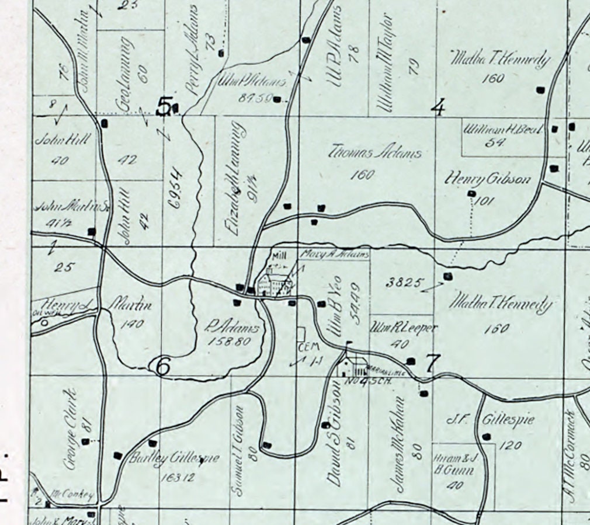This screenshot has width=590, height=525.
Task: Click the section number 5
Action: tap(165, 107)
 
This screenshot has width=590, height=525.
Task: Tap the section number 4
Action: tap(438, 107)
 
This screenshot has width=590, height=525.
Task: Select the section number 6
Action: tap(162, 366)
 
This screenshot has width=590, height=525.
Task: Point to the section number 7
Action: tap(431, 363)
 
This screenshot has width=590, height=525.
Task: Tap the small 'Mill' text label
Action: tap(280, 255)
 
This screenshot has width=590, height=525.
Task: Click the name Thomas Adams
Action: tap(374, 154)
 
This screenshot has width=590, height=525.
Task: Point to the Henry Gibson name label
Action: tap(488, 179)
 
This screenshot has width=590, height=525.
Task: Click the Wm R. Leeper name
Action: tap(404, 328)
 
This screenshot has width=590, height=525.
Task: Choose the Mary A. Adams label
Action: tap(335, 255)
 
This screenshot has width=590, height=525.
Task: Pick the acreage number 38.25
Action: tap(404, 283)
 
